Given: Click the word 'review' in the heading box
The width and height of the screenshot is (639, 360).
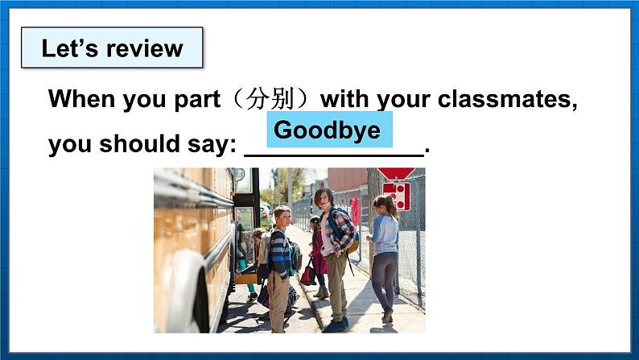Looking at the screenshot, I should click(x=146, y=49).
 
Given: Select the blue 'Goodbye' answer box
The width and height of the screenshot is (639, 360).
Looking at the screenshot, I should click(x=328, y=130).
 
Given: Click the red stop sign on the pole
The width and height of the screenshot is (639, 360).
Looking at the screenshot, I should click(x=397, y=173).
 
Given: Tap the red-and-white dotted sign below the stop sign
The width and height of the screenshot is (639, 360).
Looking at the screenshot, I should click(x=396, y=196).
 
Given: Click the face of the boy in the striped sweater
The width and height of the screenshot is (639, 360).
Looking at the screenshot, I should click(x=282, y=217).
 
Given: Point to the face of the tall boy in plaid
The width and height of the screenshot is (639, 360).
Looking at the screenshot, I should click(x=323, y=197).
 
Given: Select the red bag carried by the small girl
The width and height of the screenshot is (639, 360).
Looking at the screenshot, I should click(x=308, y=274).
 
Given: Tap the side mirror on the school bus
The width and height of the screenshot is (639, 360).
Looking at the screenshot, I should click(x=237, y=175).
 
